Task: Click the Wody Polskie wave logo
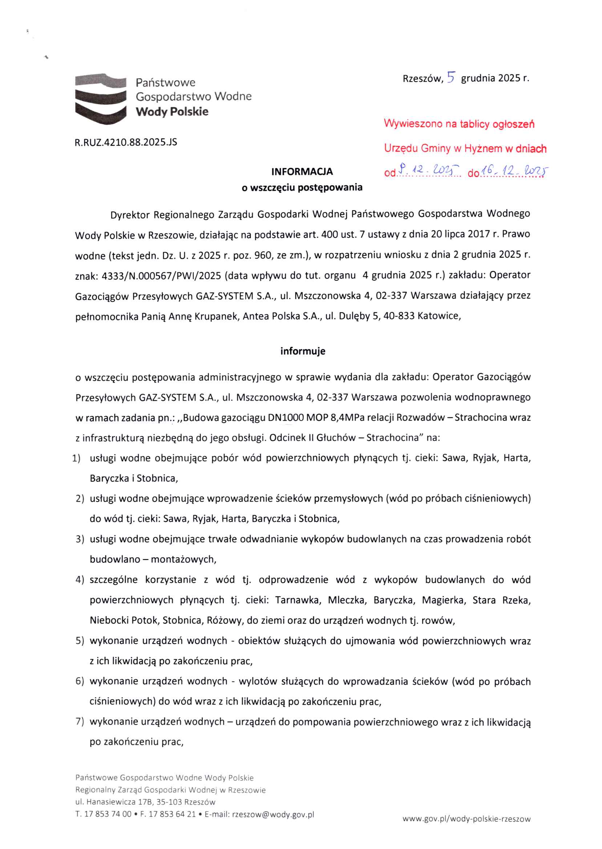[101, 98]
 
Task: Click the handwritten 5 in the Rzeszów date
[451, 77]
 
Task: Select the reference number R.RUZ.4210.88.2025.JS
[126, 142]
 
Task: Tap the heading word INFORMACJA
[302, 171]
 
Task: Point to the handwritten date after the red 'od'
[428, 171]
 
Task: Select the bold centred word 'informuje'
[303, 351]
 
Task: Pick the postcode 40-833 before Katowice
[399, 316]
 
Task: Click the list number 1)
[76, 458]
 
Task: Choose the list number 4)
[80, 580]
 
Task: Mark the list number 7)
[80, 722]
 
